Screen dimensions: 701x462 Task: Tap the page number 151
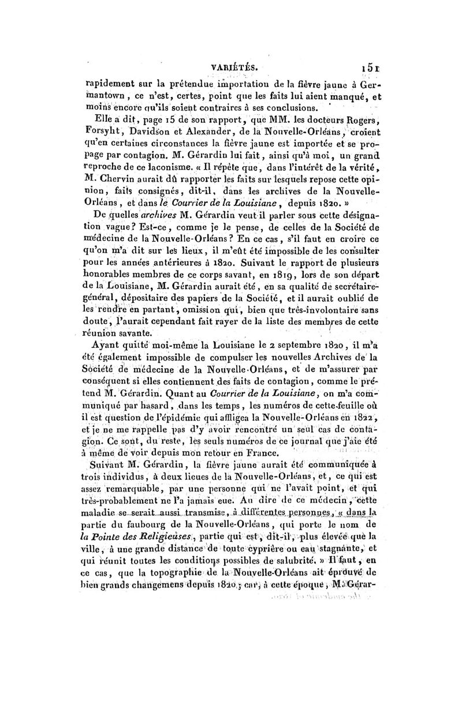[x=367, y=66]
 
